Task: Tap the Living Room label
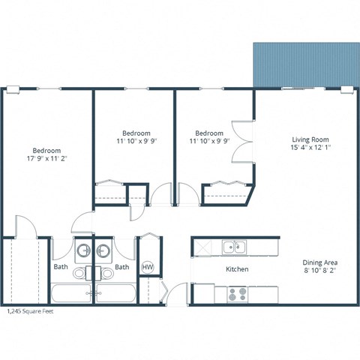(310, 140)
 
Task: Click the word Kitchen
(237, 269)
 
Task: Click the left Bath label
(60, 266)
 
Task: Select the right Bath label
(121, 266)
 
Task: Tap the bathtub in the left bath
(69, 294)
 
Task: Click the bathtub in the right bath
(115, 294)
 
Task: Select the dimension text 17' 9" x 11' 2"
(46, 159)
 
